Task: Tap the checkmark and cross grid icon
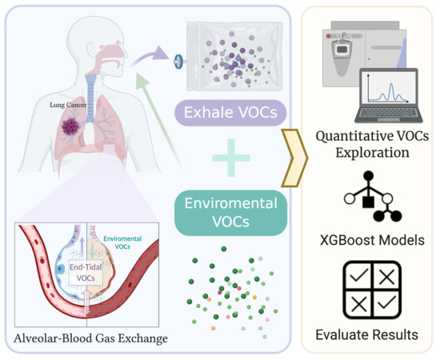point(370,290)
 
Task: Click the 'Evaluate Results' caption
point(370,334)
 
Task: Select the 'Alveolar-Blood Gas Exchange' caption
point(91,338)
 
